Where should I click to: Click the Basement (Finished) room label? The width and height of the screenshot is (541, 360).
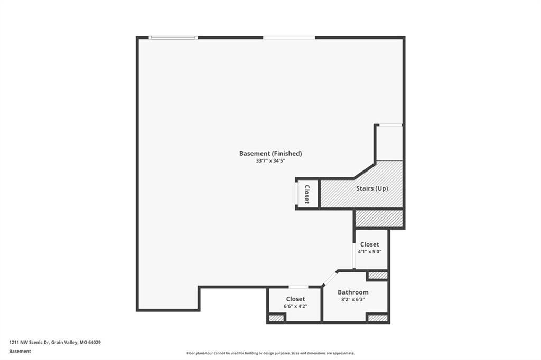click(270, 154)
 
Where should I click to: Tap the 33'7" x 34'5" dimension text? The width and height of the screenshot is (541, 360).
click(270, 160)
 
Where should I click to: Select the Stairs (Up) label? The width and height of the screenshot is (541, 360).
click(372, 188)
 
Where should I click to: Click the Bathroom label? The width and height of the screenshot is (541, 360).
click(353, 292)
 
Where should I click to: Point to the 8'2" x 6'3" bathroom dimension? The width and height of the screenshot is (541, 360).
click(353, 299)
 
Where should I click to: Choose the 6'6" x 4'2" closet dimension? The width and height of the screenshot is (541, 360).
click(295, 306)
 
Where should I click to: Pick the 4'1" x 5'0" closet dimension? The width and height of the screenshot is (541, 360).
click(369, 251)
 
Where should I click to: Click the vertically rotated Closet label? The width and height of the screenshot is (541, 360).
click(307, 194)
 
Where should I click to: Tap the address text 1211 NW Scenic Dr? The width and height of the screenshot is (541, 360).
click(30, 343)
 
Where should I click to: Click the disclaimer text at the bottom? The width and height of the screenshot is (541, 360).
click(270, 353)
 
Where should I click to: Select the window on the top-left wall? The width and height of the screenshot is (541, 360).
click(173, 37)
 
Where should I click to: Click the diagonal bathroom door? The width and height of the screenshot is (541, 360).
click(330, 279)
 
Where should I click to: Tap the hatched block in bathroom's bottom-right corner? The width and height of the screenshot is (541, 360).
click(377, 318)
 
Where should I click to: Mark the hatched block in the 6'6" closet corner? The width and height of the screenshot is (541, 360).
click(276, 318)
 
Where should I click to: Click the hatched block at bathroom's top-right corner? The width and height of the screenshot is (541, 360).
click(377, 275)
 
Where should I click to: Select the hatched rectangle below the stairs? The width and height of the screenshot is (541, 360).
click(379, 219)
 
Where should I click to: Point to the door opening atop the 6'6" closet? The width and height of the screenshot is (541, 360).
click(299, 287)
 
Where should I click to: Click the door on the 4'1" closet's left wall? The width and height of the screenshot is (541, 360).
click(354, 255)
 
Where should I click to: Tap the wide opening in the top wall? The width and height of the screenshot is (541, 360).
click(289, 37)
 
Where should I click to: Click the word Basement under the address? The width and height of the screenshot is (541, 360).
click(20, 352)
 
